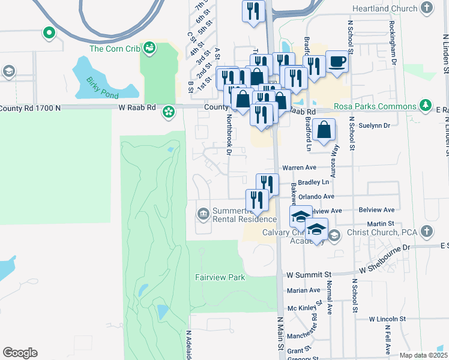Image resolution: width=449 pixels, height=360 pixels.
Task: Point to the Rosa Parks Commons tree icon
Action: tap(426, 105)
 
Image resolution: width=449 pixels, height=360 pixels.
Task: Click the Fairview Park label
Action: tap(220, 277)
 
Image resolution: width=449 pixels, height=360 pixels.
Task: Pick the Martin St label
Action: tap(382, 223)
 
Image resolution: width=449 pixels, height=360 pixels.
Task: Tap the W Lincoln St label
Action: tap(388, 319)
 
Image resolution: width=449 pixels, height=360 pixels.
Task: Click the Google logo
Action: tap(20, 353)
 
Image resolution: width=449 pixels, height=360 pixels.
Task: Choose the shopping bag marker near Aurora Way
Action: tap(324, 130)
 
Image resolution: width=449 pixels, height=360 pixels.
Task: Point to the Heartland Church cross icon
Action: tap(427, 8)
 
